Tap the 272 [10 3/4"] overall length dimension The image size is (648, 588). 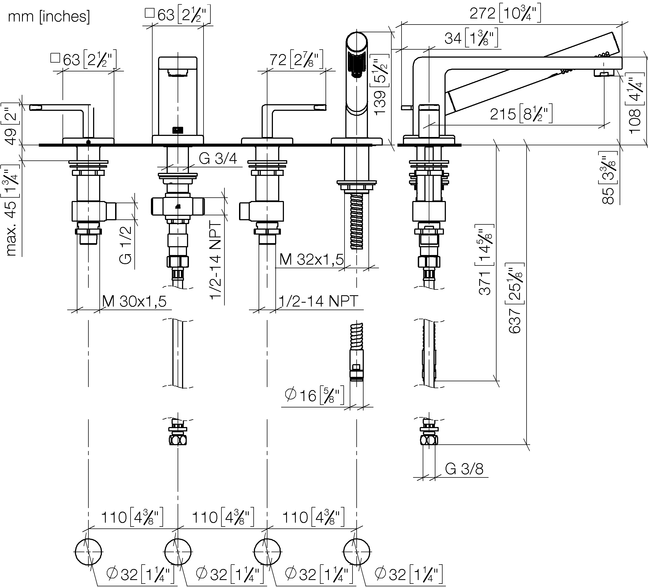(505, 14)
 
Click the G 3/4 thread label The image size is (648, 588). (218, 159)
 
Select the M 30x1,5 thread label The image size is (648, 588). (134, 301)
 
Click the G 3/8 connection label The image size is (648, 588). (464, 469)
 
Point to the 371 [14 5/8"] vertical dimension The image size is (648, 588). (484, 260)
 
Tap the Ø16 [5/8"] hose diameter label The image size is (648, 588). (314, 395)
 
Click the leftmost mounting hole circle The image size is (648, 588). (88, 552)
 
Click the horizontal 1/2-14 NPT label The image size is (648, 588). (318, 301)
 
